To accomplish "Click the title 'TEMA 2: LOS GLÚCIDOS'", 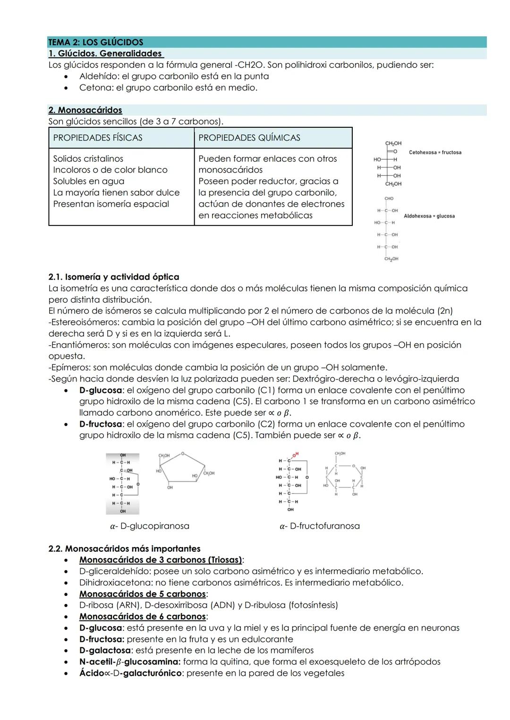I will click(95, 42).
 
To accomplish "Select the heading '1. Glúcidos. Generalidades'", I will click(105, 53).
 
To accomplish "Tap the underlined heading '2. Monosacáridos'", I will click(85, 110).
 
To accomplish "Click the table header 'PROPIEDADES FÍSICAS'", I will click(98, 138).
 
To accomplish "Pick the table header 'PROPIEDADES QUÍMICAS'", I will click(249, 138).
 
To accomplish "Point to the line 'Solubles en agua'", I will click(89, 181).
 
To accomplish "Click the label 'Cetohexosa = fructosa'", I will click(435, 152).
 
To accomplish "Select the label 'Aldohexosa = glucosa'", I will click(429, 216).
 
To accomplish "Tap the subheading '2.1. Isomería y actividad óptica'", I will click(114, 277).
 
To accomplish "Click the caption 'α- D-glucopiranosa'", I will click(149, 526).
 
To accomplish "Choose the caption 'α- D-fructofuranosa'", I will click(319, 526).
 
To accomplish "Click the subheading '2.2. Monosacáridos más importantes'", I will click(124, 548).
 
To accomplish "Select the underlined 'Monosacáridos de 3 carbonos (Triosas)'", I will click(161, 560).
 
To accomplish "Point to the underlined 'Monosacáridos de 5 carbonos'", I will click(143, 594).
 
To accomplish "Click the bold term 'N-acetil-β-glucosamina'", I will click(130, 662).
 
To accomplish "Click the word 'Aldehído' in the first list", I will click(99, 76).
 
